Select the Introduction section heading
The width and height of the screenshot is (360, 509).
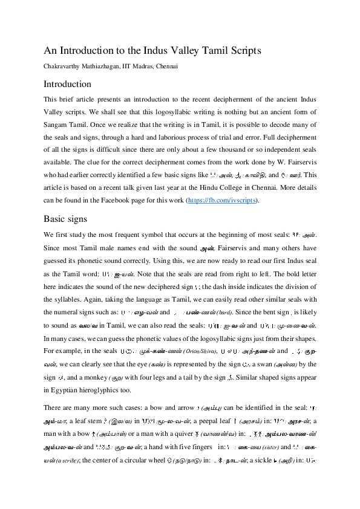[67, 84]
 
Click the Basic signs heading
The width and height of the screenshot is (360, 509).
[65, 219]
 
